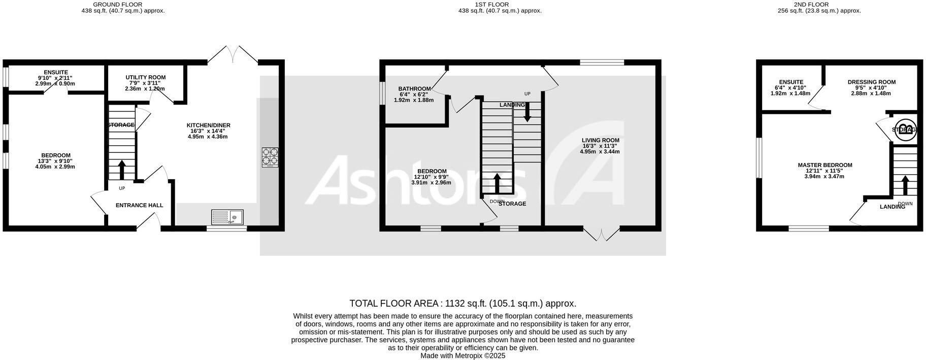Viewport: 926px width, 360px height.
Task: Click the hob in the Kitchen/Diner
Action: (270, 157)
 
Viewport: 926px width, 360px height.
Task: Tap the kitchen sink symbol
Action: (227, 217)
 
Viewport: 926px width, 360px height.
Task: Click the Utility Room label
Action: (146, 77)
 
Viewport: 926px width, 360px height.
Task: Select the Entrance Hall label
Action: (140, 205)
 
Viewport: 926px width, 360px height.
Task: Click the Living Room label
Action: (601, 140)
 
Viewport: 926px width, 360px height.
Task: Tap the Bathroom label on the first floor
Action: (414, 89)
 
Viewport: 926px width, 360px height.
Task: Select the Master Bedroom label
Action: (825, 165)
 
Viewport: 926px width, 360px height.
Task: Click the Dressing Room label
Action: (872, 82)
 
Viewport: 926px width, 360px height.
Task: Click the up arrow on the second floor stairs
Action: (905, 185)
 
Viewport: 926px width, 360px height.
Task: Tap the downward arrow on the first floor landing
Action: (527, 112)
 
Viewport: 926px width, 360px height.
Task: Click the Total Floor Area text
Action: (462, 304)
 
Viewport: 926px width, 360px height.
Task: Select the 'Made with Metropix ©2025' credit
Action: (462, 356)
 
